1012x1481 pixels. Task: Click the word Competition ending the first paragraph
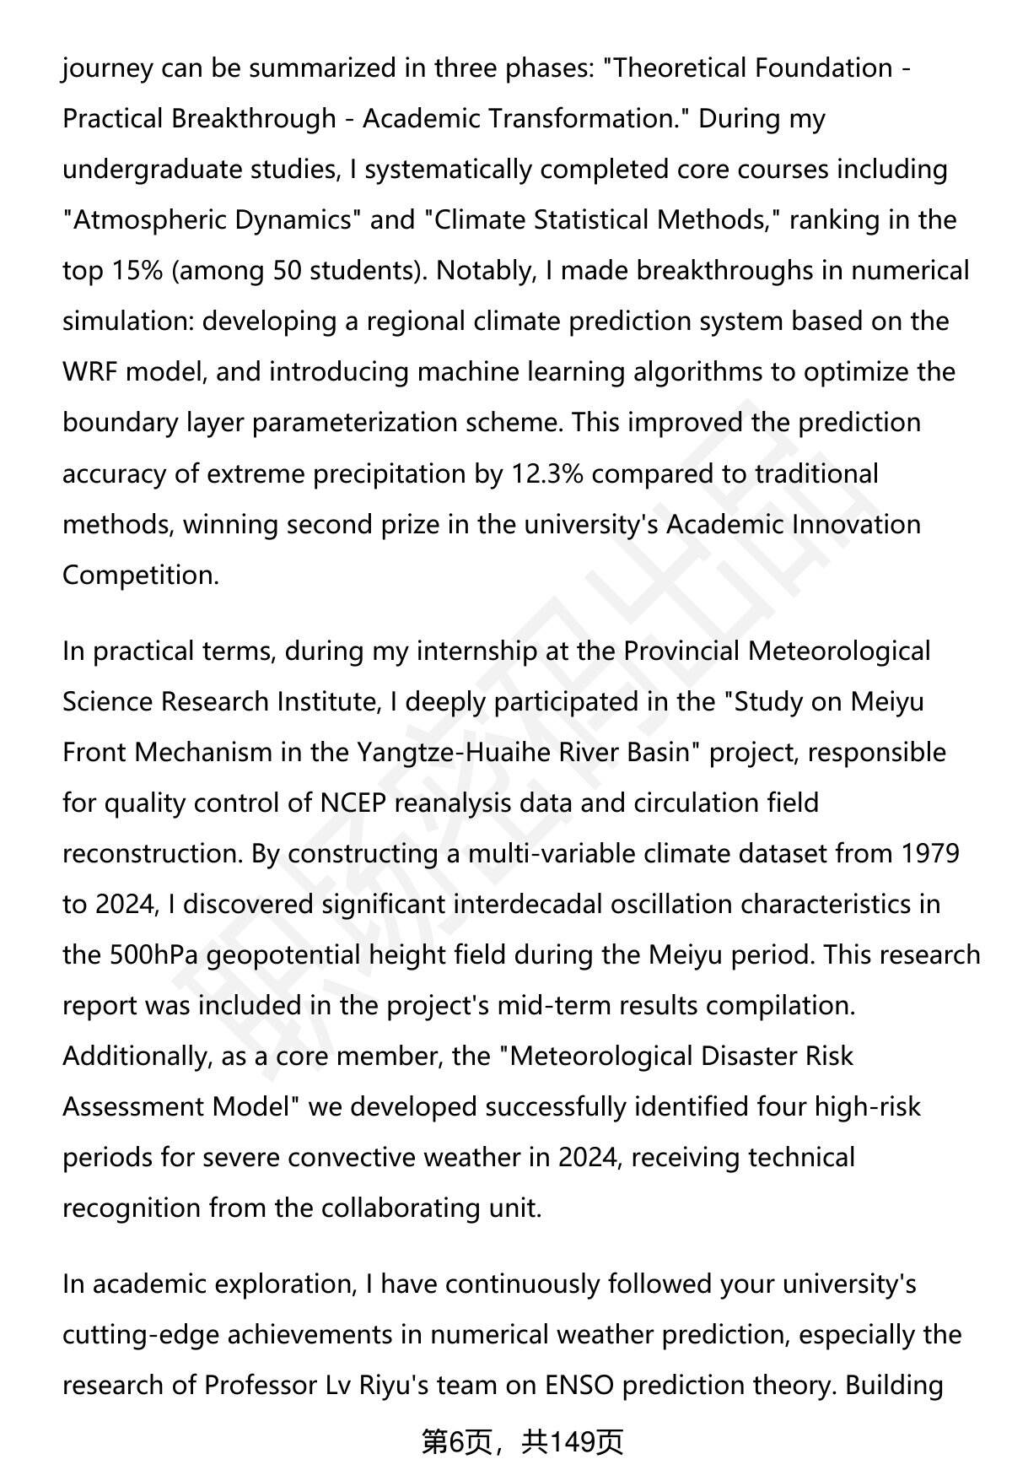tap(140, 575)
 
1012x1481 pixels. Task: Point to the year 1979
tap(930, 853)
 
